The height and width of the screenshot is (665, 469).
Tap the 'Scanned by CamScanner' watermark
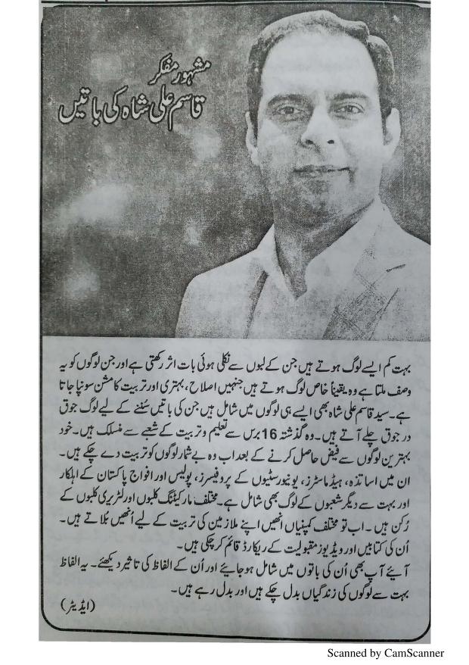(x=385, y=653)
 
